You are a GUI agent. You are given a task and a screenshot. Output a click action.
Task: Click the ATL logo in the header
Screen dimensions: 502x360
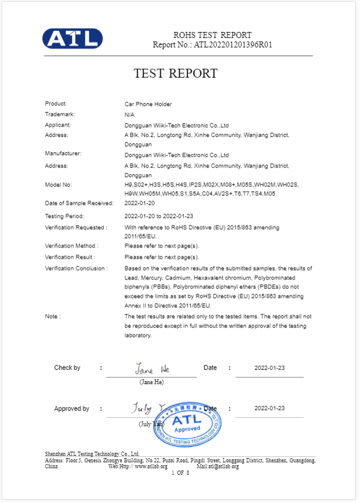pyautogui.click(x=72, y=38)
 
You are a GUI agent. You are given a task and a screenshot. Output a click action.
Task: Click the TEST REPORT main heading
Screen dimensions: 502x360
pyautogui.click(x=175, y=73)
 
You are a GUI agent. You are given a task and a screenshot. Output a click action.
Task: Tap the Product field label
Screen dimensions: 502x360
pyautogui.click(x=56, y=104)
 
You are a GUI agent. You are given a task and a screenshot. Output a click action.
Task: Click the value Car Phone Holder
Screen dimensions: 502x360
pyautogui.click(x=148, y=104)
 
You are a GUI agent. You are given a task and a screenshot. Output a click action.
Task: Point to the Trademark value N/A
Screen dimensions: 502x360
pyautogui.click(x=129, y=114)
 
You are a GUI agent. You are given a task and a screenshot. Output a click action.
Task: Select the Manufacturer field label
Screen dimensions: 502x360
pyautogui.click(x=63, y=153)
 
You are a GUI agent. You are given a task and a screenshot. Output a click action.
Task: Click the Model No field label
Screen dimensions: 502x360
pyautogui.click(x=58, y=185)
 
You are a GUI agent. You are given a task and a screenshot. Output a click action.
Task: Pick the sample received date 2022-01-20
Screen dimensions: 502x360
pyautogui.click(x=140, y=203)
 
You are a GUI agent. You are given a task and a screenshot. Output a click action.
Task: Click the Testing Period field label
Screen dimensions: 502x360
pyautogui.click(x=65, y=216)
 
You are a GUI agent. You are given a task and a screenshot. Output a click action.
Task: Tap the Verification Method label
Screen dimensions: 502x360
pyautogui.click(x=72, y=246)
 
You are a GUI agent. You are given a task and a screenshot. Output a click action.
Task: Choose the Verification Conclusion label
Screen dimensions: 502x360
pyautogui.click(x=76, y=268)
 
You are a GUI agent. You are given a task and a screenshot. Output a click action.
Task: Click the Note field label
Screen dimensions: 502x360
pyautogui.click(x=52, y=316)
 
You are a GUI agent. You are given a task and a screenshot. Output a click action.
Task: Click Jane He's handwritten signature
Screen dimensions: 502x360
pyautogui.click(x=152, y=369)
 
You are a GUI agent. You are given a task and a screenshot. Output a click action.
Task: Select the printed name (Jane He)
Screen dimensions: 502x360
pyautogui.click(x=152, y=382)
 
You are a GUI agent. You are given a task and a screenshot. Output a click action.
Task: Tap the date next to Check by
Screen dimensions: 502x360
pyautogui.click(x=269, y=368)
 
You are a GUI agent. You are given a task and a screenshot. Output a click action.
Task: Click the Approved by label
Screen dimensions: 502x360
pyautogui.click(x=72, y=408)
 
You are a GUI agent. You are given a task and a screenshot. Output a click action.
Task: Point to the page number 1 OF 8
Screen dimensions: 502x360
pyautogui.click(x=180, y=472)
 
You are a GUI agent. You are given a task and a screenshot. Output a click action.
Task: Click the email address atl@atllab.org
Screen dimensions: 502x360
pyautogui.click(x=223, y=466)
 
